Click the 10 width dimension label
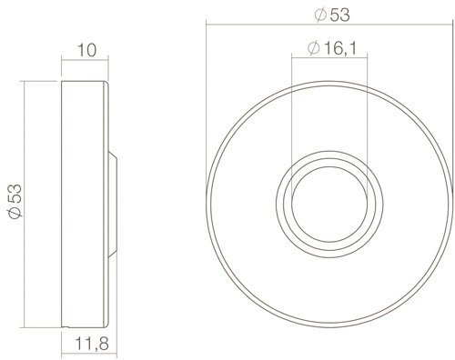87,50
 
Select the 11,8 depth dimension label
92,344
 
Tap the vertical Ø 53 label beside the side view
15,201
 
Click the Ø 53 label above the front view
332,15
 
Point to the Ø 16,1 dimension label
332,48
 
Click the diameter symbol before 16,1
314,48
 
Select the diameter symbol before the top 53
321,15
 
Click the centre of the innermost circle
329,205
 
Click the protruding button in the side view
113,205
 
